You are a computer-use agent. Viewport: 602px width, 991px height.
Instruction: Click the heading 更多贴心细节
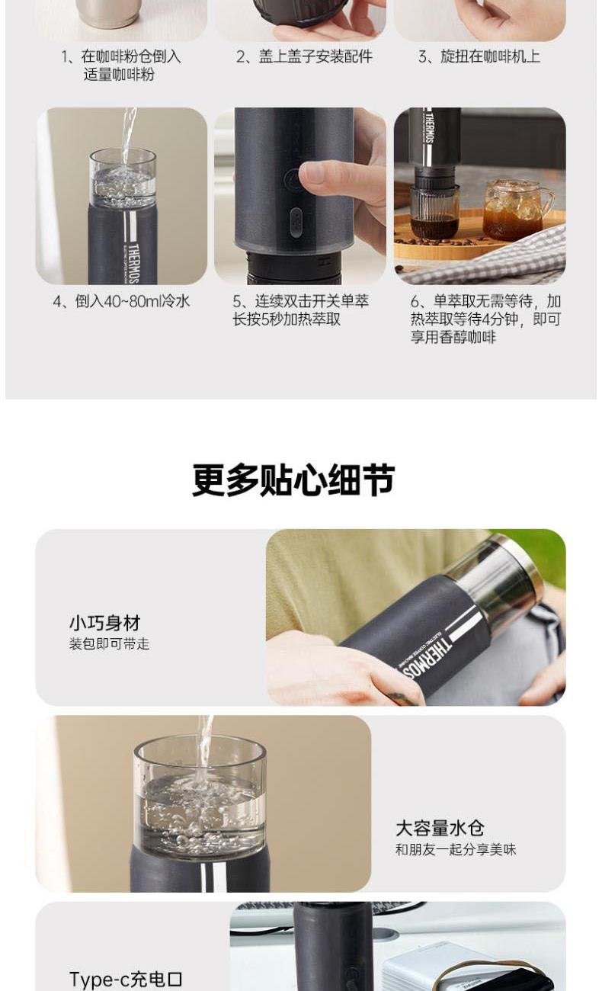[x=293, y=479]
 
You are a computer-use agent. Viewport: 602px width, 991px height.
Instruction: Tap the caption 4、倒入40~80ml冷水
[x=122, y=301]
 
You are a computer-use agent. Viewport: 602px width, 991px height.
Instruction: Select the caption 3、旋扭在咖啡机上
[x=479, y=56]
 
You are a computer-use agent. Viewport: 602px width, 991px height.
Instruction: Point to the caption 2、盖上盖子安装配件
[x=304, y=56]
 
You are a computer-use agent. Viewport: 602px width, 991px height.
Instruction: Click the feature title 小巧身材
[x=105, y=623]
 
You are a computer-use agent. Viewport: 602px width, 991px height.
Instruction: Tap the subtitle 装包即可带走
[x=109, y=643]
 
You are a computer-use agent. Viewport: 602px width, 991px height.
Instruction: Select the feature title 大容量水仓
[x=440, y=828]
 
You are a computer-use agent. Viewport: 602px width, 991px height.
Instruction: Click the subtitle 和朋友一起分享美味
[x=456, y=849]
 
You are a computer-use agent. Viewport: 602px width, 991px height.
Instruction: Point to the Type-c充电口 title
[x=126, y=979]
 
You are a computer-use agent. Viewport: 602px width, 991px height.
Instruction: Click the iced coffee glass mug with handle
[x=517, y=210]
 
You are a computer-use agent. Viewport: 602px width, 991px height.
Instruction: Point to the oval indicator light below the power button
[x=296, y=222]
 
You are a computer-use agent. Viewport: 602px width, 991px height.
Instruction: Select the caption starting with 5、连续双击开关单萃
[x=301, y=310]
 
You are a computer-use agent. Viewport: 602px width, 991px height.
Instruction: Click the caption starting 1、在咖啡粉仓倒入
[x=120, y=66]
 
